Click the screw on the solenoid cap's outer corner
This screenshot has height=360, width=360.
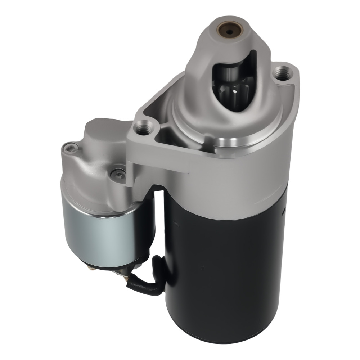[x=71, y=147]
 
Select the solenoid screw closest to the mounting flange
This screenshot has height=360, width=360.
[x=117, y=174]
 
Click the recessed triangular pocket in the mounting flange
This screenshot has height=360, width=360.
[x=162, y=133]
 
